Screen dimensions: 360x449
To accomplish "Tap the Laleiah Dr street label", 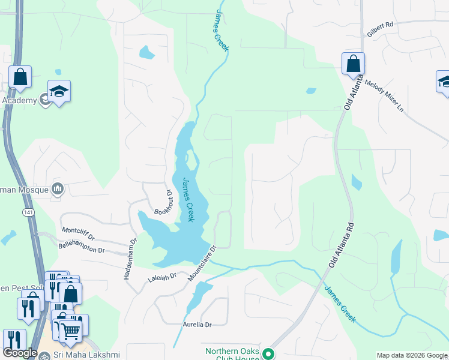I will point(162,277).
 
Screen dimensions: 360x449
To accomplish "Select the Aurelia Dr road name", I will point(197,325).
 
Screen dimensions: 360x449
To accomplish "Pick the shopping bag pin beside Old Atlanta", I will point(354,64).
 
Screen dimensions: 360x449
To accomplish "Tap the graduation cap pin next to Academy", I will point(59,91).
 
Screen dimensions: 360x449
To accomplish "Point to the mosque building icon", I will point(58,189).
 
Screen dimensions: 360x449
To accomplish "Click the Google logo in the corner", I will point(20,353).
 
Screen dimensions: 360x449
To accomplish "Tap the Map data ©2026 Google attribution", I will point(412,355).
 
